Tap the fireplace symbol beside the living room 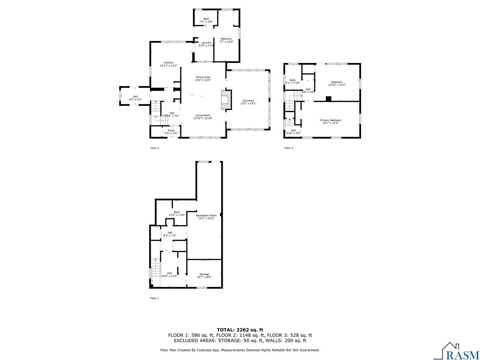coord(226,100)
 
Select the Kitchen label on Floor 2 coord(168,64)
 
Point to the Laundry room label coord(207,44)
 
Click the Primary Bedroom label coord(330,121)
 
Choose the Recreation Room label coord(206,217)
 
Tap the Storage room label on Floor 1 coord(204,276)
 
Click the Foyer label coord(171,132)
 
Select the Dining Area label coord(202,78)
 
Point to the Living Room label coord(202,117)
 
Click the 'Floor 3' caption coord(288,148)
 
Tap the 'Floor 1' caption coord(154,298)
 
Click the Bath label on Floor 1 coord(177,213)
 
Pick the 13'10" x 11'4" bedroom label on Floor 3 coord(337,83)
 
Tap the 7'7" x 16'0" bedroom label coord(226,40)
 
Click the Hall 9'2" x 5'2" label coord(135,98)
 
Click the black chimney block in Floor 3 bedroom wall coord(329,99)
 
